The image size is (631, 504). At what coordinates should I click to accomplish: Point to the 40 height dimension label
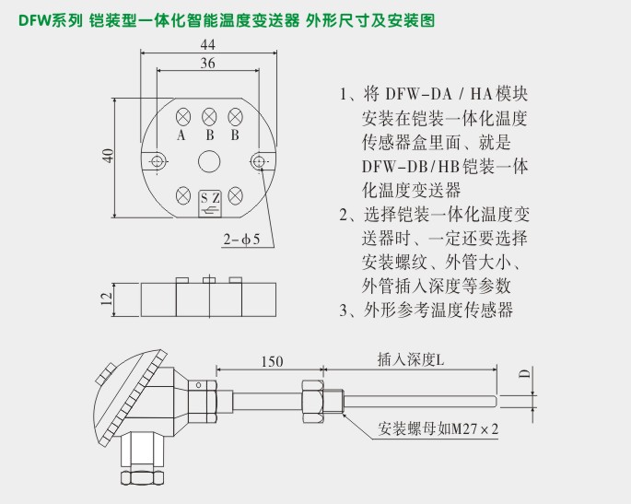coord(107,155)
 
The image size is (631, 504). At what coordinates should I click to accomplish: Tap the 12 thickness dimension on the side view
coord(107,298)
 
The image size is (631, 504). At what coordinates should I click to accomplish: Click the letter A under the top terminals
coord(181,135)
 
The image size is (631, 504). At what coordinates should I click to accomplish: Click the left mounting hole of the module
coord(158,162)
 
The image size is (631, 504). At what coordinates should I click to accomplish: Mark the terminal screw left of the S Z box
coord(183,194)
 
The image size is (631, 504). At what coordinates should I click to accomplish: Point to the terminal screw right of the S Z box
coord(235,194)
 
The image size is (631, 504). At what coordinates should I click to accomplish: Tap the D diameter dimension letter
coord(524,375)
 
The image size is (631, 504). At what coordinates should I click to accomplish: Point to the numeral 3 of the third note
coord(344,310)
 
